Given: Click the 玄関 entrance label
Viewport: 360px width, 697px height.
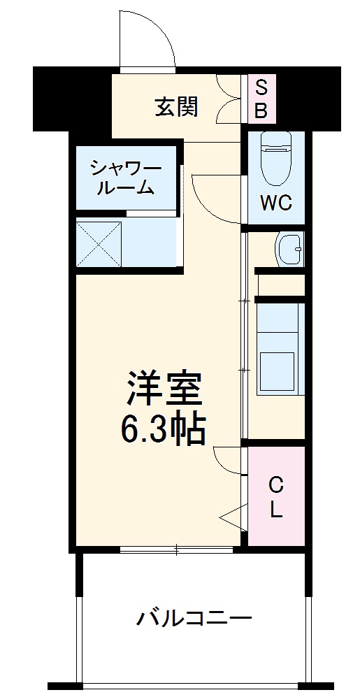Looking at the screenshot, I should [176, 107].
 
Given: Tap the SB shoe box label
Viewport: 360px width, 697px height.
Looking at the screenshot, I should [260, 99].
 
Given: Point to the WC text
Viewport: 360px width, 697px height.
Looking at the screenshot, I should [276, 203].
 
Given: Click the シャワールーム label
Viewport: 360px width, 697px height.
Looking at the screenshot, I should [126, 177].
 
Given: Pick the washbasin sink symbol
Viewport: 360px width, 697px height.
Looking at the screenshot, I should [289, 250].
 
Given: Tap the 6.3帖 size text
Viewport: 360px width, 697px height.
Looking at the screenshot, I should [165, 429].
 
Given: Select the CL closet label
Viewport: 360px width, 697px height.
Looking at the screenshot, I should [277, 497].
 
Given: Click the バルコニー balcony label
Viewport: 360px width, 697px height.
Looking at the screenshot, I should [194, 618].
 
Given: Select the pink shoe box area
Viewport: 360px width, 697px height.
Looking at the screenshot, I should [260, 99].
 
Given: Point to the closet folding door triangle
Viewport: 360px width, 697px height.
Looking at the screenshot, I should [231, 517].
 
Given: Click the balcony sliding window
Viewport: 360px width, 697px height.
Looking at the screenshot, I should [176, 549].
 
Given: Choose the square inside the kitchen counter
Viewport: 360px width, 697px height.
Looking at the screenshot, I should [278, 371].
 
